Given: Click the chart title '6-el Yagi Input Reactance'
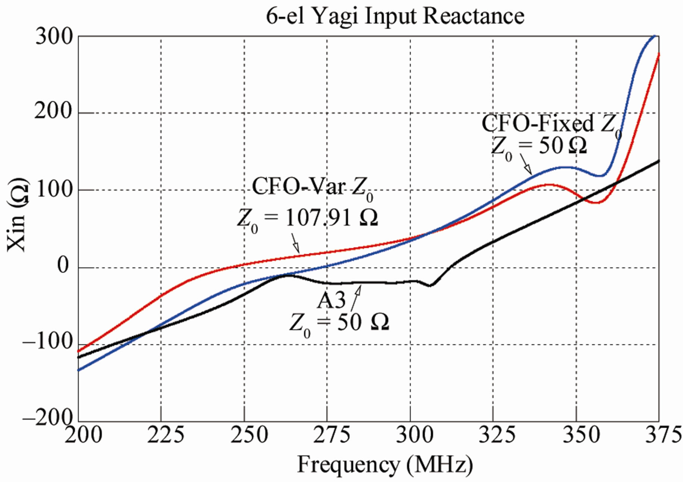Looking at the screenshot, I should coord(395,16).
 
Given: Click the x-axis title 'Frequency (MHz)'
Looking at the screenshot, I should coord(385,465).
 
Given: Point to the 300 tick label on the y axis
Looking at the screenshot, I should coord(54,37).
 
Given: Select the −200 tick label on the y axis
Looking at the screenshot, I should coord(47,418).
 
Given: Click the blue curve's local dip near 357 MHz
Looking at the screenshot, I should coord(600,175).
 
